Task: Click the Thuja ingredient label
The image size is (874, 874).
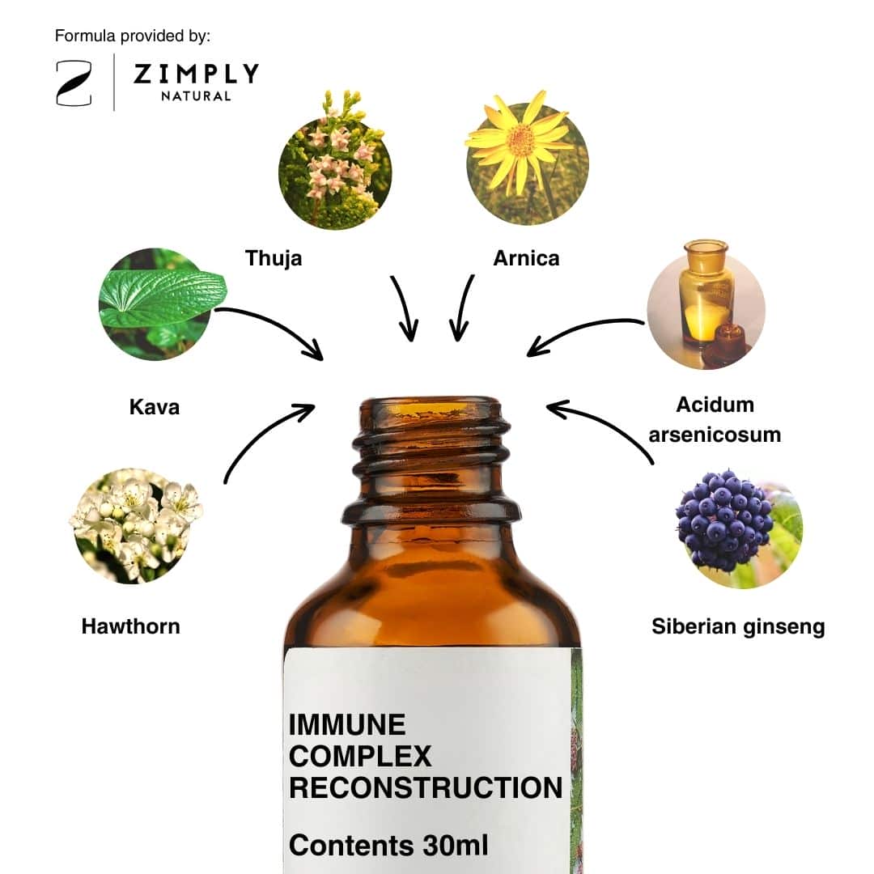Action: point(274,259)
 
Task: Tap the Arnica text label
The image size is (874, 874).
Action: point(526,259)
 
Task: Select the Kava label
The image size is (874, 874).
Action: point(155,407)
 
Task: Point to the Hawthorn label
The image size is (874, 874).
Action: point(131,626)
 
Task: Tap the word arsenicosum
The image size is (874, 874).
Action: point(715,435)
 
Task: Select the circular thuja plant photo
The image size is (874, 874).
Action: point(335,162)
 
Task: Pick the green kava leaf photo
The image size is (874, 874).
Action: point(159,304)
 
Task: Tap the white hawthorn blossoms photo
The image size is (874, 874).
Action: point(135,526)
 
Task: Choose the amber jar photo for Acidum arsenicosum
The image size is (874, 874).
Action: point(706,305)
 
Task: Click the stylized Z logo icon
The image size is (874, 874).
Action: point(74,83)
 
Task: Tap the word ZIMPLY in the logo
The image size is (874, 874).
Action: point(196,74)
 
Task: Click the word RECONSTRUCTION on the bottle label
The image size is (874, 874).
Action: point(426,787)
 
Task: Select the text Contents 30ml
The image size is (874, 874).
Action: point(388,845)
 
